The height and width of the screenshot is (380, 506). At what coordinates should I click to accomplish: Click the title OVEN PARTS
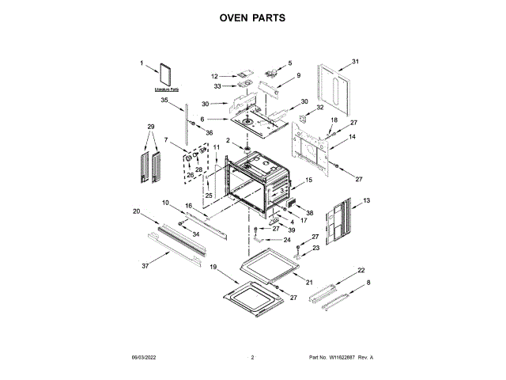coord(252,17)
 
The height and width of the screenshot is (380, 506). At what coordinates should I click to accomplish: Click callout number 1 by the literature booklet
coord(142,63)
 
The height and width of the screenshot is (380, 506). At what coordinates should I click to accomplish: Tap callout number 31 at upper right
coord(355,62)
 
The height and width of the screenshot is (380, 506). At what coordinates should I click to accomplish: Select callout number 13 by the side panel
coord(366,202)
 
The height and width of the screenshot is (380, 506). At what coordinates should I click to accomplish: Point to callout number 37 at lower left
coord(145,266)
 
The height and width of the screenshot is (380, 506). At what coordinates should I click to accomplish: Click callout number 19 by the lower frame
coord(213,268)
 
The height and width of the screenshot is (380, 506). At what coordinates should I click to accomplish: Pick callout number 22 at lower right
coord(361,271)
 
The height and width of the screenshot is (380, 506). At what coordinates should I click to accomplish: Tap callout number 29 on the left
coord(150,127)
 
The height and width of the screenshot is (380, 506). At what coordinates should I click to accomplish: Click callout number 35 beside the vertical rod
coord(164,101)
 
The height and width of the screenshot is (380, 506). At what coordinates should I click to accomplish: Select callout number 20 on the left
coord(136,211)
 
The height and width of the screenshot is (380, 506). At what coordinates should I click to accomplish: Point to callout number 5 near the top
coord(289,63)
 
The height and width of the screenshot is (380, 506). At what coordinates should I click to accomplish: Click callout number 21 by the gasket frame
coord(309,283)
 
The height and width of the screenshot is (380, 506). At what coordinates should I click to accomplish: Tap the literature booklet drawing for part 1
coord(167,74)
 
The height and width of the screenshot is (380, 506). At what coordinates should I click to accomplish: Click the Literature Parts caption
coord(167,90)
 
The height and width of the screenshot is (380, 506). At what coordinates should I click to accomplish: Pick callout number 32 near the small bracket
coord(320,108)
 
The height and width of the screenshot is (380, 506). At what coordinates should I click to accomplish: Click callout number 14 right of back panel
coord(353,137)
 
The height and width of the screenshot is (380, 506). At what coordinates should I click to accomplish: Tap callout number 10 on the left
coord(166,203)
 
